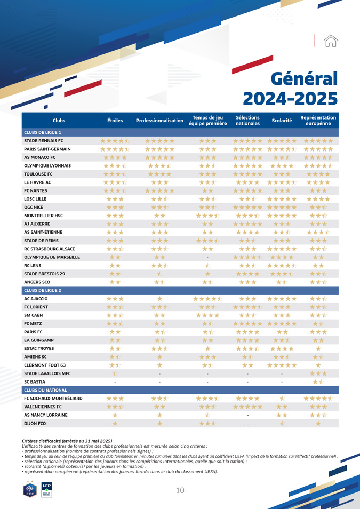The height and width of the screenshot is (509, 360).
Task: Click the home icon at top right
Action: click(x=331, y=41)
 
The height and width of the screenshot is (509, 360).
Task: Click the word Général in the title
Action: click(x=304, y=78)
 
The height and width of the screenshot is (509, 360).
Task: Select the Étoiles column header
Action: click(x=115, y=121)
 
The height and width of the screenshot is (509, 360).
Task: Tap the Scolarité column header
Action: click(x=282, y=121)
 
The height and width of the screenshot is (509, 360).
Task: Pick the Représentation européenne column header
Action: click(x=318, y=121)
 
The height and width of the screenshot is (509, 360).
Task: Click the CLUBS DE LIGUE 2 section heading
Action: click(x=43, y=290)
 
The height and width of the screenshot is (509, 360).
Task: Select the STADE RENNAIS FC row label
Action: click(x=44, y=141)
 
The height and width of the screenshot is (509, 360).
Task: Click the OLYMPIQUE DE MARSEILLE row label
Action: click(x=52, y=257)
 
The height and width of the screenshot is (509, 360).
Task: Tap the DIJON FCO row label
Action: click(x=35, y=424)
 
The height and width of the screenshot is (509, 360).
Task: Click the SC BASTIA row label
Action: click(x=35, y=382)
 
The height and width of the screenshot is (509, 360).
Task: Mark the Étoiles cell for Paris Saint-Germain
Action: click(x=115, y=149)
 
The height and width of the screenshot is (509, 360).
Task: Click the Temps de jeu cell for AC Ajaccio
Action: click(x=207, y=299)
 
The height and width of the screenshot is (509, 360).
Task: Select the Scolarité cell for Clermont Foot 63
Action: click(x=282, y=365)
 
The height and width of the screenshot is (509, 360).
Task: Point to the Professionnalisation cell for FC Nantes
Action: click(x=159, y=190)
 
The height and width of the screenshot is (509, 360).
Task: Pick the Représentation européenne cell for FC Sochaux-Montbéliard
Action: click(x=318, y=399)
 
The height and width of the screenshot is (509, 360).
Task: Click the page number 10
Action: click(x=180, y=490)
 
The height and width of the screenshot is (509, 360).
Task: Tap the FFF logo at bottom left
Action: click(x=30, y=488)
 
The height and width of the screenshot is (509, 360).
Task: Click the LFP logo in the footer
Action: click(x=46, y=489)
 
